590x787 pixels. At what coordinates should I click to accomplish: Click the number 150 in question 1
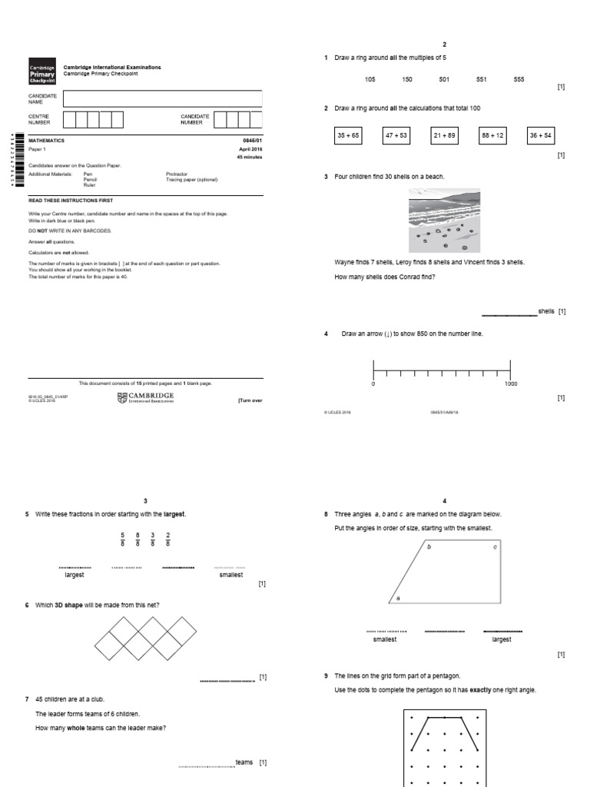[x=406, y=80]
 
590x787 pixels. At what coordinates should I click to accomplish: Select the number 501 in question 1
[x=444, y=80]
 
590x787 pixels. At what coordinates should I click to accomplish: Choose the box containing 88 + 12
[x=492, y=135]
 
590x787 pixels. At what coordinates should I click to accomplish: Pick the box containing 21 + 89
[x=444, y=135]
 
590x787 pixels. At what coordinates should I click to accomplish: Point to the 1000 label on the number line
[x=511, y=384]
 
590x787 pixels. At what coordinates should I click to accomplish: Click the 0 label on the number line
[x=373, y=384]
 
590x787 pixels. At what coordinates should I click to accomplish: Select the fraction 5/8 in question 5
[x=122, y=539]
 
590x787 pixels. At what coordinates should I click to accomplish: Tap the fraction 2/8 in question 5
[x=167, y=539]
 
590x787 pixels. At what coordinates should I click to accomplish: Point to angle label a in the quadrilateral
[x=398, y=597]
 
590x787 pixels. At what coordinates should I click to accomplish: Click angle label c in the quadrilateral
[x=495, y=547]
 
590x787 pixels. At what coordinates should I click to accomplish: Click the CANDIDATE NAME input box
[x=162, y=98]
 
